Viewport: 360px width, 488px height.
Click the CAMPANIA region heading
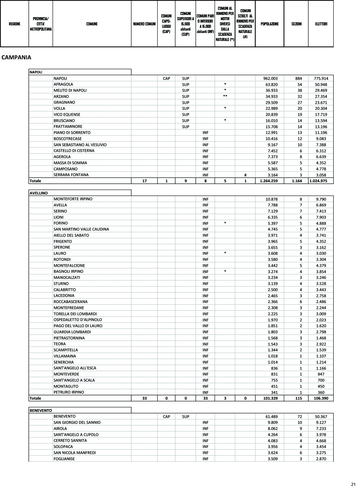[x=16, y=57]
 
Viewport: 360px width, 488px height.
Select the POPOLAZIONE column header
[x=269, y=24]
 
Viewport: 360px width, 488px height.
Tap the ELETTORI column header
[x=321, y=24]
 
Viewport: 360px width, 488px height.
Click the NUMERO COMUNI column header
[x=144, y=24]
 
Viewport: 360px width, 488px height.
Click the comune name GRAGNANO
[x=64, y=102]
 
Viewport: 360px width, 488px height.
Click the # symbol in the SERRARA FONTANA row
[x=245, y=175]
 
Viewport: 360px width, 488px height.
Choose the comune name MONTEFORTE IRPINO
[x=73, y=199]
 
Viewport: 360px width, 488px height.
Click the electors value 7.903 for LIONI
[x=321, y=217]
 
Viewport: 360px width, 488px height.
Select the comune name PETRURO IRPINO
[x=69, y=392]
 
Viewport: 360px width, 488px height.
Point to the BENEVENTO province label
[x=41, y=410]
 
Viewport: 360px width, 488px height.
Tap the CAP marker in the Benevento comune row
[x=166, y=416]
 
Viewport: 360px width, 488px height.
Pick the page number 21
[x=353, y=484]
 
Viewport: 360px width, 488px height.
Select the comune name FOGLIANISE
[x=64, y=459]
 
